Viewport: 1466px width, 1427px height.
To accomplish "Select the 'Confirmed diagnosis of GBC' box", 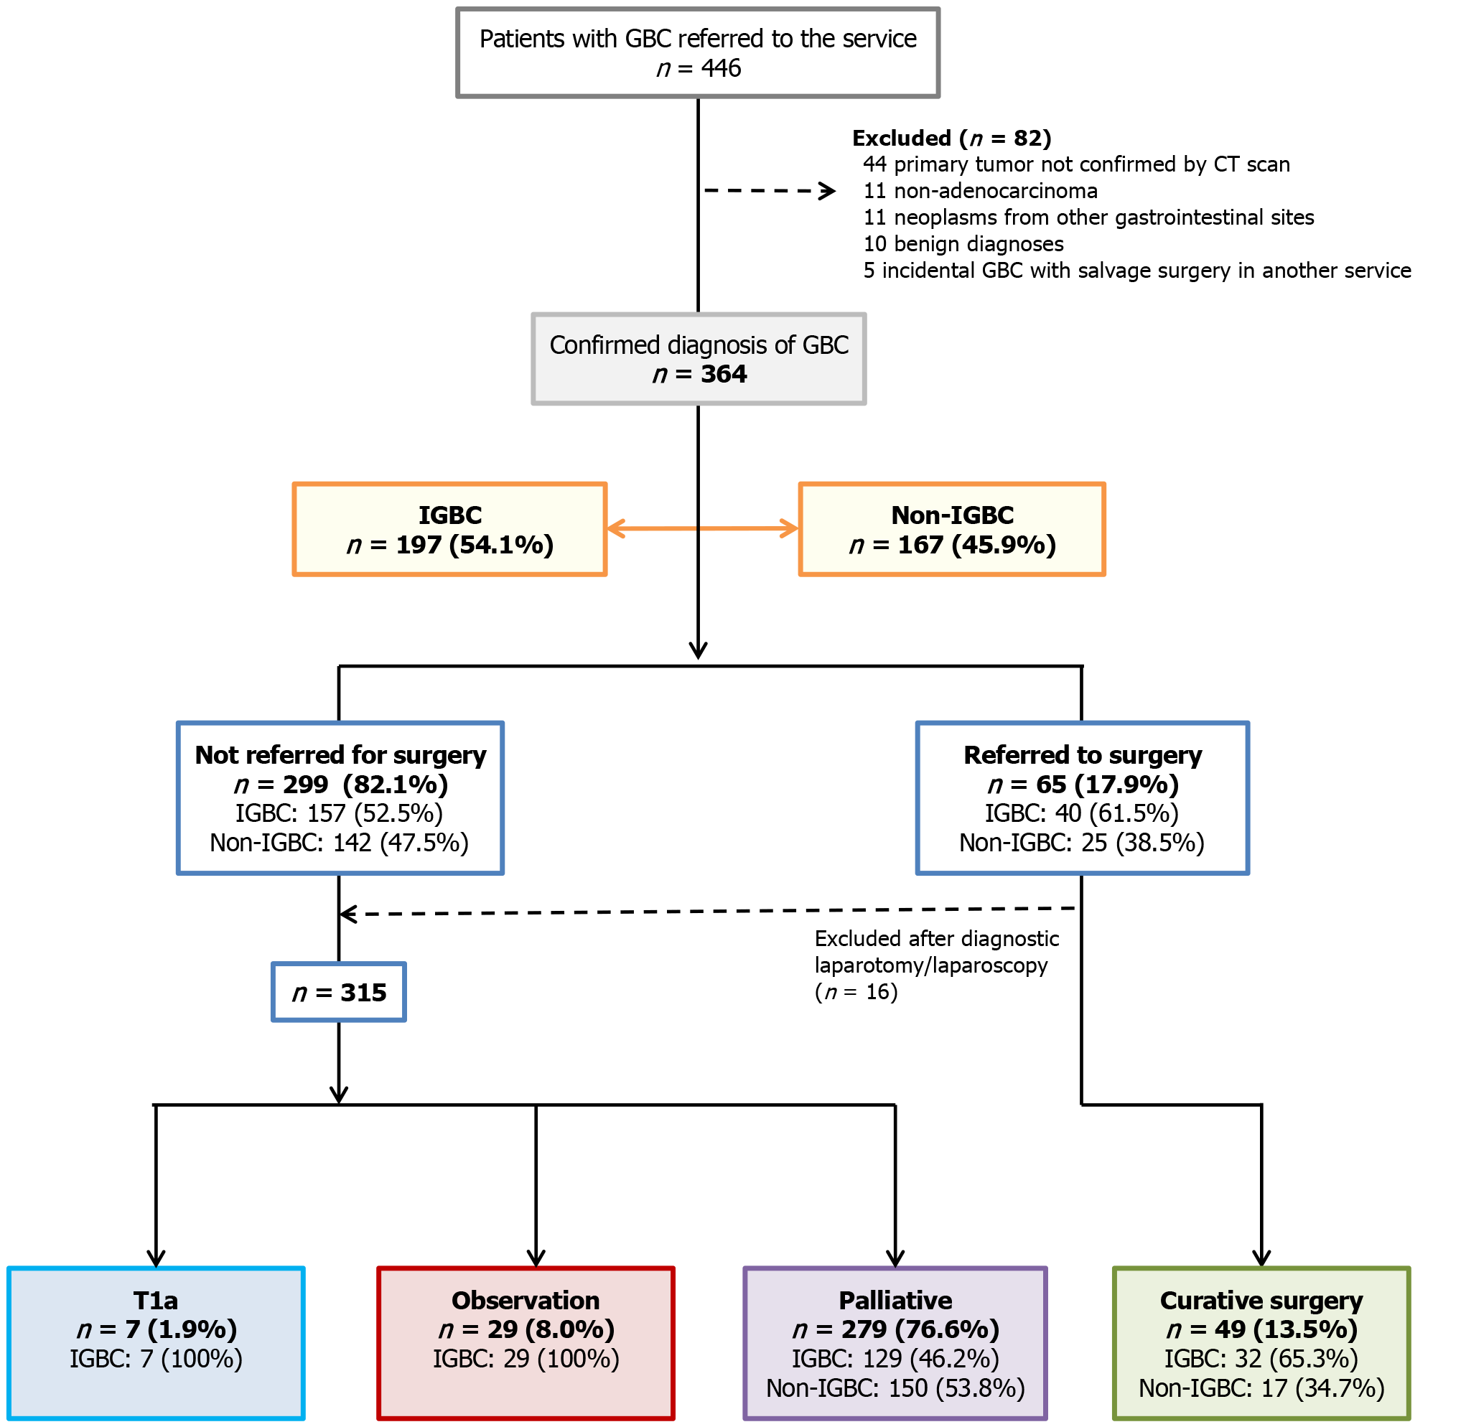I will pos(698,359).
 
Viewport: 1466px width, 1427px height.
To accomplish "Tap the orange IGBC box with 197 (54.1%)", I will pos(449,529).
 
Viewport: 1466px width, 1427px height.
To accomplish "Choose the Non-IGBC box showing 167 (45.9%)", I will pos(952,529).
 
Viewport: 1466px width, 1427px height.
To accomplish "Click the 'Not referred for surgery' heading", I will pos(340,754).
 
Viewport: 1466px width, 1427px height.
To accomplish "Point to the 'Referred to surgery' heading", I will pos(1082,754).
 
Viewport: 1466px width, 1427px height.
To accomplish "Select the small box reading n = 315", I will pos(339,992).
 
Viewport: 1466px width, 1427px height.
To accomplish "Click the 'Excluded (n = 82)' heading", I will pos(951,138).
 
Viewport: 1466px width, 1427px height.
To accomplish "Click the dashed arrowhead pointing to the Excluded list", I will pos(828,191).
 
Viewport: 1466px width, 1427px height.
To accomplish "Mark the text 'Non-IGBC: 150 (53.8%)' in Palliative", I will pos(895,1388).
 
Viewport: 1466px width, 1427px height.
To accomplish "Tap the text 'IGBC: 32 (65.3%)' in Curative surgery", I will pos(1261,1358).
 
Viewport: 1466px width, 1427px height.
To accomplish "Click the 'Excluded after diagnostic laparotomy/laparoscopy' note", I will pos(936,965).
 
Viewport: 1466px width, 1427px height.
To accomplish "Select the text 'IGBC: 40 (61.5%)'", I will pos(1081,813).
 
